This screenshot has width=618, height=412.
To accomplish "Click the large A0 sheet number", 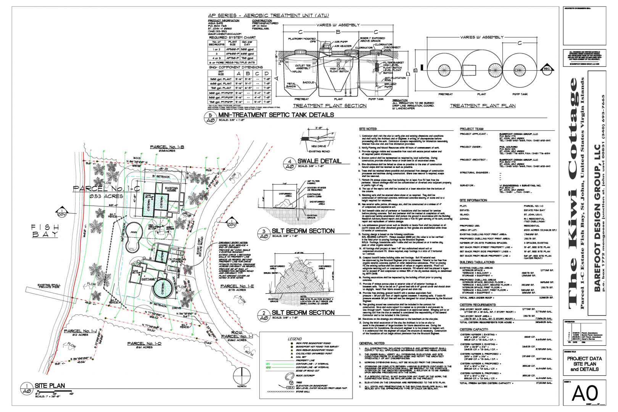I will click(x=585, y=393).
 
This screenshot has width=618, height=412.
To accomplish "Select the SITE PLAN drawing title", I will click(x=50, y=386).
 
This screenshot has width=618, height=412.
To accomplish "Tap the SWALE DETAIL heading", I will click(x=319, y=161).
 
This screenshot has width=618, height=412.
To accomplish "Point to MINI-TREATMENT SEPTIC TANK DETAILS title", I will click(x=276, y=115).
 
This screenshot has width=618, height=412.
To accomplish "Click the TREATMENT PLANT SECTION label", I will click(x=330, y=106).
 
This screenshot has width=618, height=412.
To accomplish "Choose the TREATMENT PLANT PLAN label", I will click(x=483, y=106).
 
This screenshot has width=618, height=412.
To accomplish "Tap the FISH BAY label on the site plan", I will click(x=45, y=231).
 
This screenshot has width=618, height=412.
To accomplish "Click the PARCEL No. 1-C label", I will click(x=106, y=188).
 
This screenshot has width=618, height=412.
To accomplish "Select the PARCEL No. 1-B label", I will click(x=167, y=147).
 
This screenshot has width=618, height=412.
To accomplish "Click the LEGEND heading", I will click(x=295, y=339).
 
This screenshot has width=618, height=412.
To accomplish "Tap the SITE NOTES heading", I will click(x=368, y=129).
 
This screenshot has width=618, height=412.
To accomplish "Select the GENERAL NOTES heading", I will click(x=371, y=343).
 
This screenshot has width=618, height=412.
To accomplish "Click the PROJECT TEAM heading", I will click(x=472, y=129).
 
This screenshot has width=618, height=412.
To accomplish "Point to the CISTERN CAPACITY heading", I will click(x=474, y=329).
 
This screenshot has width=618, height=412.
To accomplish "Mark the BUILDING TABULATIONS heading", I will click(x=477, y=262).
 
